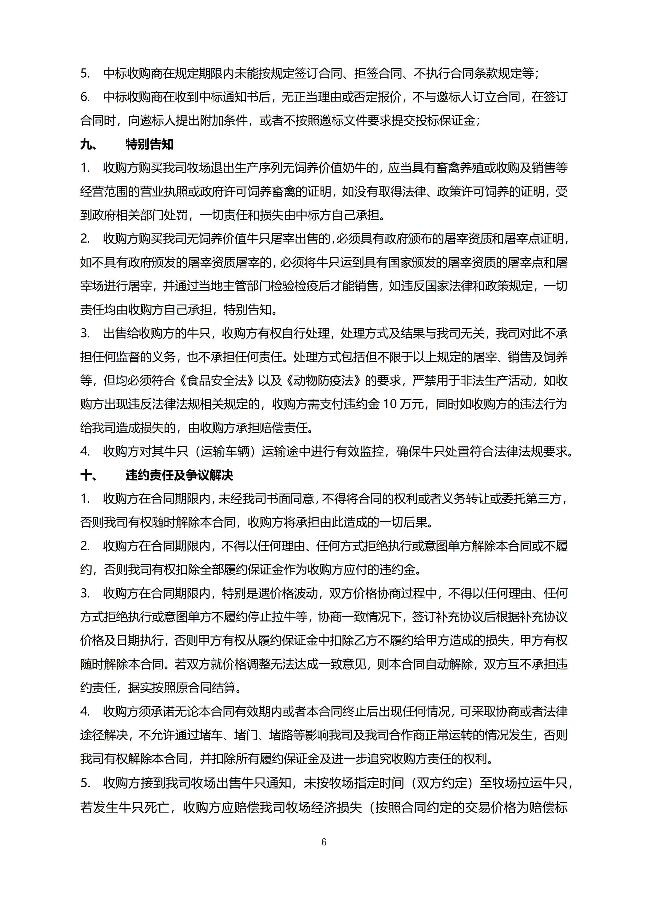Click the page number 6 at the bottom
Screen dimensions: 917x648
coord(324,842)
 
